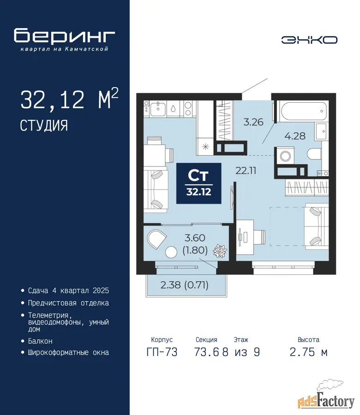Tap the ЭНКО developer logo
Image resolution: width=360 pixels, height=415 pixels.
click(x=309, y=40)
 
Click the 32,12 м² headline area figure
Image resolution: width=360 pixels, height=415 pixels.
click(x=69, y=99)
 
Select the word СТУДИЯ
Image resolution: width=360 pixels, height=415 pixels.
click(x=44, y=125)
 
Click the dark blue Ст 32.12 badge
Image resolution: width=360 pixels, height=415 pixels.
click(x=198, y=183)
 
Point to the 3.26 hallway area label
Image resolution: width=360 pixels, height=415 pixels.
click(x=253, y=122)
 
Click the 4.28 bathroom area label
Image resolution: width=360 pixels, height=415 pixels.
click(x=295, y=136)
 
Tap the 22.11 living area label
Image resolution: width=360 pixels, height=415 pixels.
click(x=246, y=171)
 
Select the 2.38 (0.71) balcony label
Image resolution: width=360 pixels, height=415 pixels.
click(x=184, y=285)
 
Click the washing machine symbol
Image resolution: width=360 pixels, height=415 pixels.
click(x=285, y=156)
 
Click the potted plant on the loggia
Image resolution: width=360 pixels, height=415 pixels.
click(x=220, y=251)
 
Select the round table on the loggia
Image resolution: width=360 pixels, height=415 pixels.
click(x=171, y=252)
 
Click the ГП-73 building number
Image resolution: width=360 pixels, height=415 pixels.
click(x=162, y=352)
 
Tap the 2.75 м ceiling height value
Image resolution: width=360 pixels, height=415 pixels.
click(x=309, y=352)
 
